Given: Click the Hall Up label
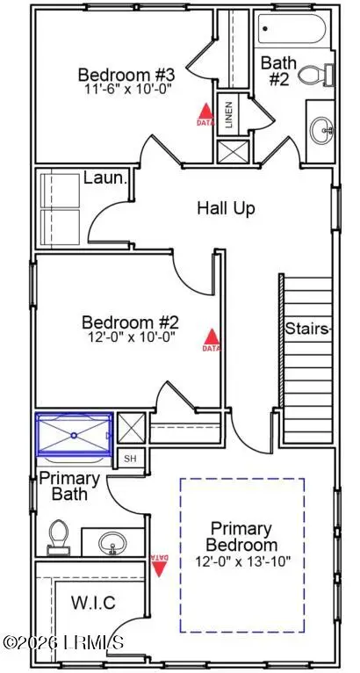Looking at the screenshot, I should tap(225, 208).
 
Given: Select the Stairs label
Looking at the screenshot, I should tap(307, 329).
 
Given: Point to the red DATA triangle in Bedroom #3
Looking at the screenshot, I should tap(205, 112).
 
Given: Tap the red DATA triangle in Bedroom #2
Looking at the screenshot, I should tap(210, 337).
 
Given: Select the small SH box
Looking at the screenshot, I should tap(130, 459).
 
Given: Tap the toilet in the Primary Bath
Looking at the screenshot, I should tap(60, 534).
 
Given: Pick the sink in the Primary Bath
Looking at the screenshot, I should tap(112, 542).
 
